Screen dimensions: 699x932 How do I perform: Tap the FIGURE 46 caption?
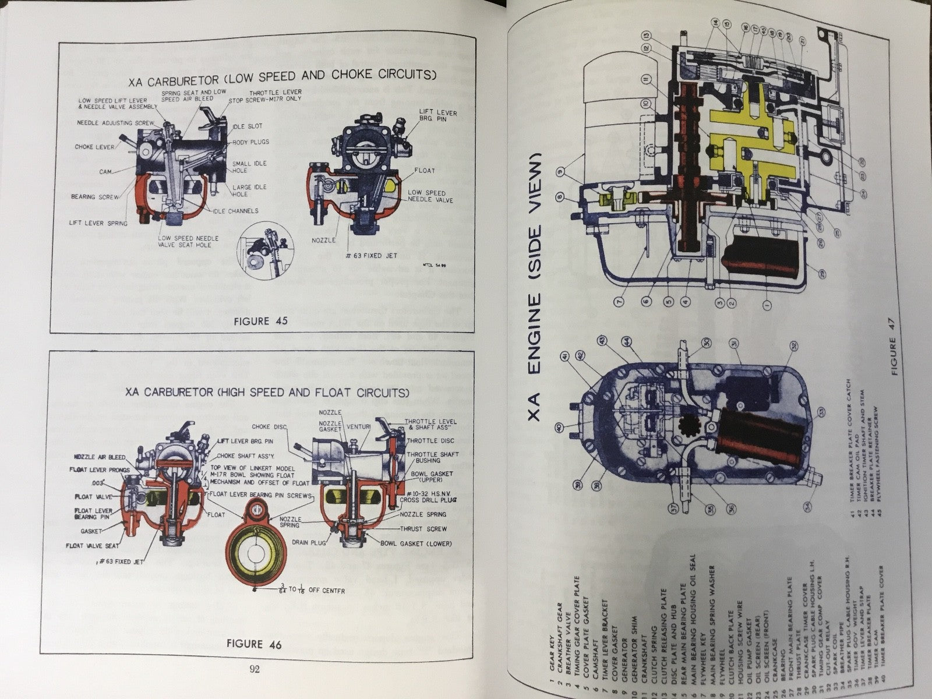click(254, 644)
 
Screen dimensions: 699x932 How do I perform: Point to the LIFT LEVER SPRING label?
click(98, 223)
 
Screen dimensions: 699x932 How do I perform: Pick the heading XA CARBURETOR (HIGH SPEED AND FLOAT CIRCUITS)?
click(267, 393)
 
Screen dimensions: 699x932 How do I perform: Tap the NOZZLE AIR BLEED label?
click(98, 457)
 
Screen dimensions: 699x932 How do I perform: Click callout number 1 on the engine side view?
click(766, 302)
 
